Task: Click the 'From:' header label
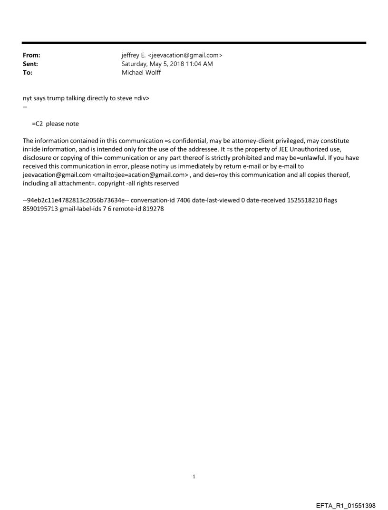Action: [31, 56]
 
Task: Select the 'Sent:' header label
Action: [30, 64]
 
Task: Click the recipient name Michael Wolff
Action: [141, 73]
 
